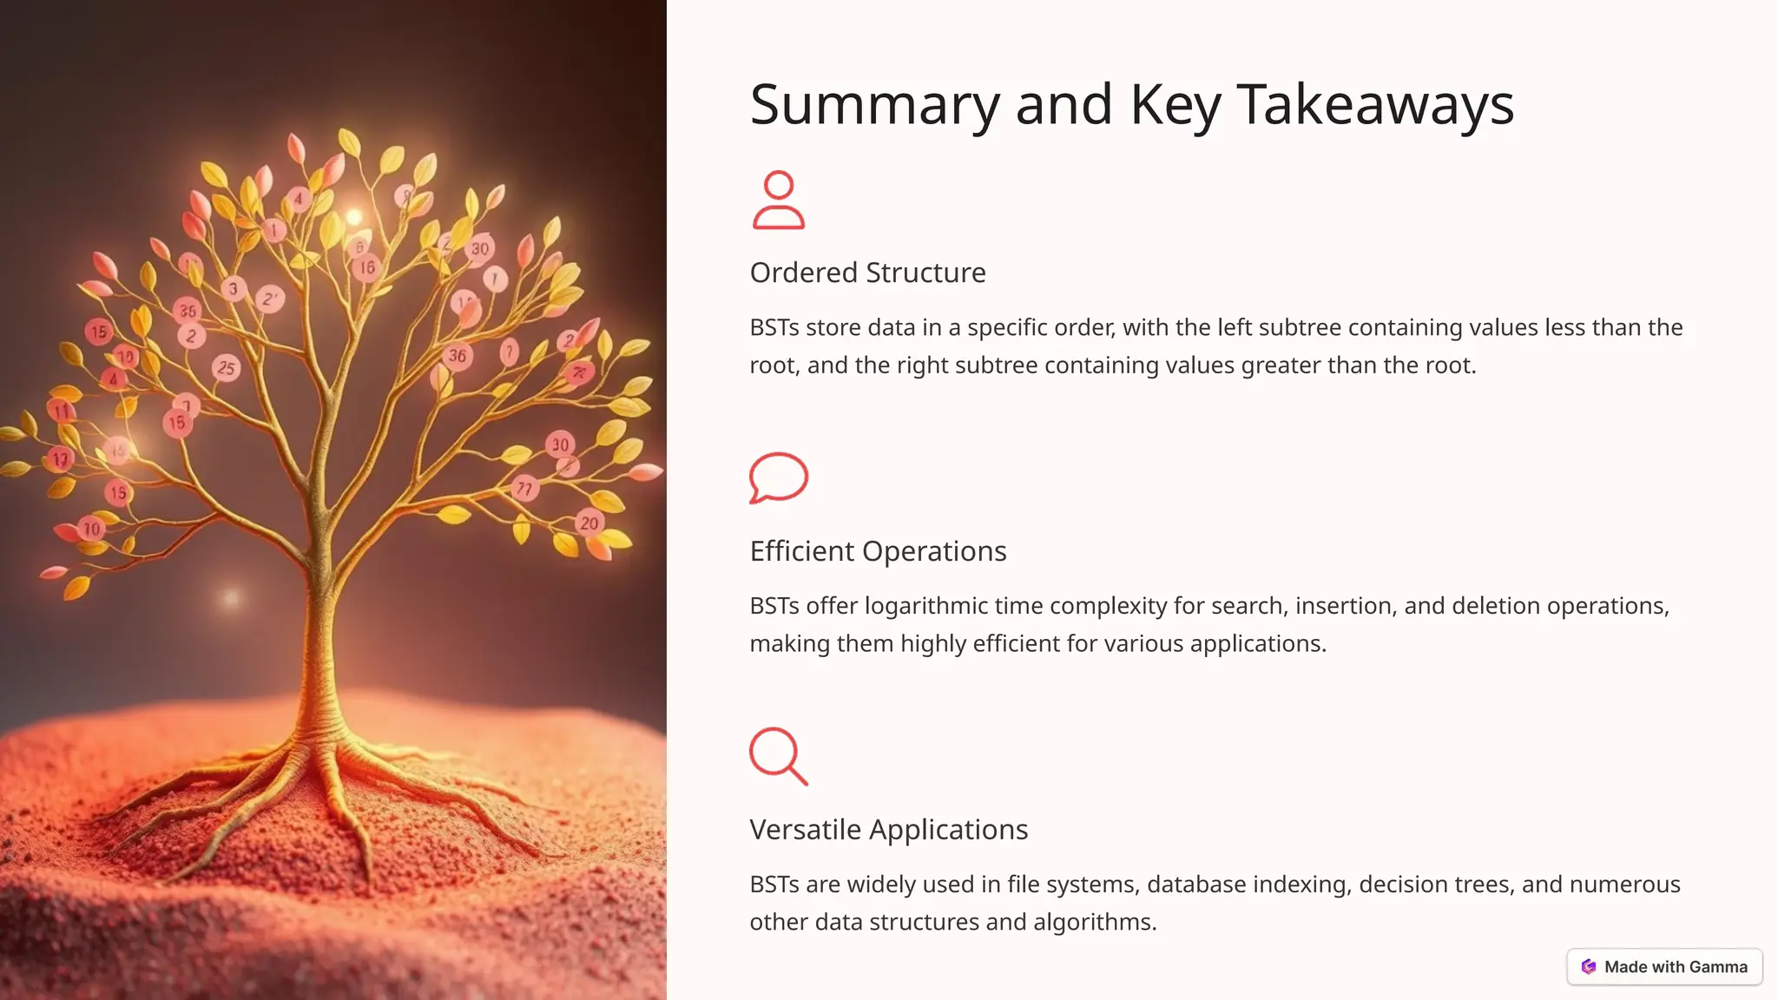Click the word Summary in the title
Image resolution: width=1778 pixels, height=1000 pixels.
tap(874, 105)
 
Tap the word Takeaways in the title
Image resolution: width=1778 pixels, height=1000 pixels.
tap(1375, 105)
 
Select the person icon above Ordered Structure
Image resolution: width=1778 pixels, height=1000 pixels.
tap(778, 201)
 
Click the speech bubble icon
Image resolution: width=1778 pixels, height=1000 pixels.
tap(778, 477)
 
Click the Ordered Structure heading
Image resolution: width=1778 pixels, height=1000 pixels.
tap(867, 273)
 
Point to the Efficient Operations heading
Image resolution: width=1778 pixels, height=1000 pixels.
tap(878, 551)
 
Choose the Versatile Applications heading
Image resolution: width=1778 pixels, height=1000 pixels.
tap(888, 830)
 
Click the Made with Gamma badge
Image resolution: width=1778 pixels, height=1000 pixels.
tap(1664, 967)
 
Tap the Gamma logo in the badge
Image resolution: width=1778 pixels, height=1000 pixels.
tap(1589, 967)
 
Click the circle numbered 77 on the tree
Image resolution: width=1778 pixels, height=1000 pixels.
tap(524, 489)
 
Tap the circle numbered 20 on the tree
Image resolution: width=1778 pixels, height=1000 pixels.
tap(589, 523)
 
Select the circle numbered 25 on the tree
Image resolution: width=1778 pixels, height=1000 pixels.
tap(226, 368)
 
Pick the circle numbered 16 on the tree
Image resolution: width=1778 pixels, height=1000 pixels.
tap(368, 267)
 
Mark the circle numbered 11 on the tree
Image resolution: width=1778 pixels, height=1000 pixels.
tap(61, 411)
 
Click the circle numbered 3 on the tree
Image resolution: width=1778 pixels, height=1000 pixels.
tap(233, 289)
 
